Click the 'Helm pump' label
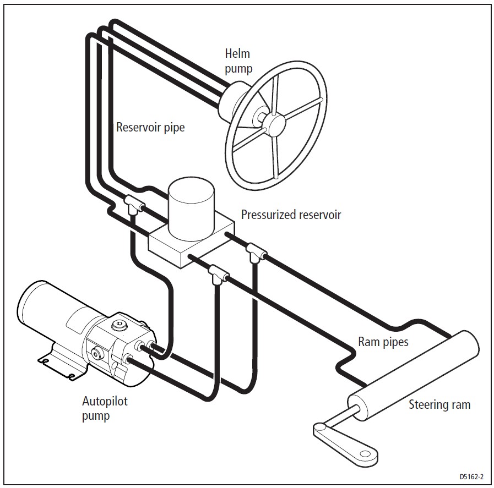[238, 61]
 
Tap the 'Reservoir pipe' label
[150, 127]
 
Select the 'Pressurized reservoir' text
[291, 215]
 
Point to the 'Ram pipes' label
[383, 342]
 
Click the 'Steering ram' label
[439, 405]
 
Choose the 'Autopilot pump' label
[104, 408]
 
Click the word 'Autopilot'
[104, 401]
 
